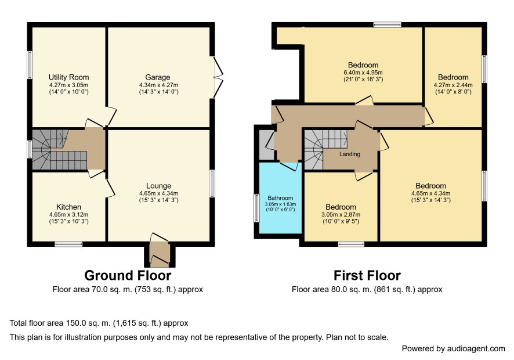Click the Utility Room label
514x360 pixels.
click(x=69, y=77)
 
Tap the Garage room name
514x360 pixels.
click(x=158, y=77)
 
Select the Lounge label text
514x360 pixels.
click(x=158, y=186)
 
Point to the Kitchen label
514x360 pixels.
click(x=69, y=207)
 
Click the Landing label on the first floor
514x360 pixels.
click(x=350, y=154)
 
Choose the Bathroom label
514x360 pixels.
click(x=280, y=198)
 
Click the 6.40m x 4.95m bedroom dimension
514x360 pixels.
click(x=363, y=72)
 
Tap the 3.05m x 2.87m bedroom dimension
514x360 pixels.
click(x=341, y=215)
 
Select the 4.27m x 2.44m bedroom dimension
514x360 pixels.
click(x=453, y=85)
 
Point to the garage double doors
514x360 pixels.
click(x=218, y=77)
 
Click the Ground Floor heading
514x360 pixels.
click(x=128, y=275)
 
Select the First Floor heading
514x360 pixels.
click(x=367, y=275)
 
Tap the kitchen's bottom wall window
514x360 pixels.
click(x=68, y=244)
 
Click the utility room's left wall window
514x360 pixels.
click(x=30, y=65)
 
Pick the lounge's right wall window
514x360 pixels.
click(x=212, y=183)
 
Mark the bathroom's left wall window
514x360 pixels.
click(x=257, y=208)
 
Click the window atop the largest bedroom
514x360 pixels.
click(x=388, y=24)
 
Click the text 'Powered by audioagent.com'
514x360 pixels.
click(x=453, y=348)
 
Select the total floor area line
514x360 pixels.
click(x=99, y=323)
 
